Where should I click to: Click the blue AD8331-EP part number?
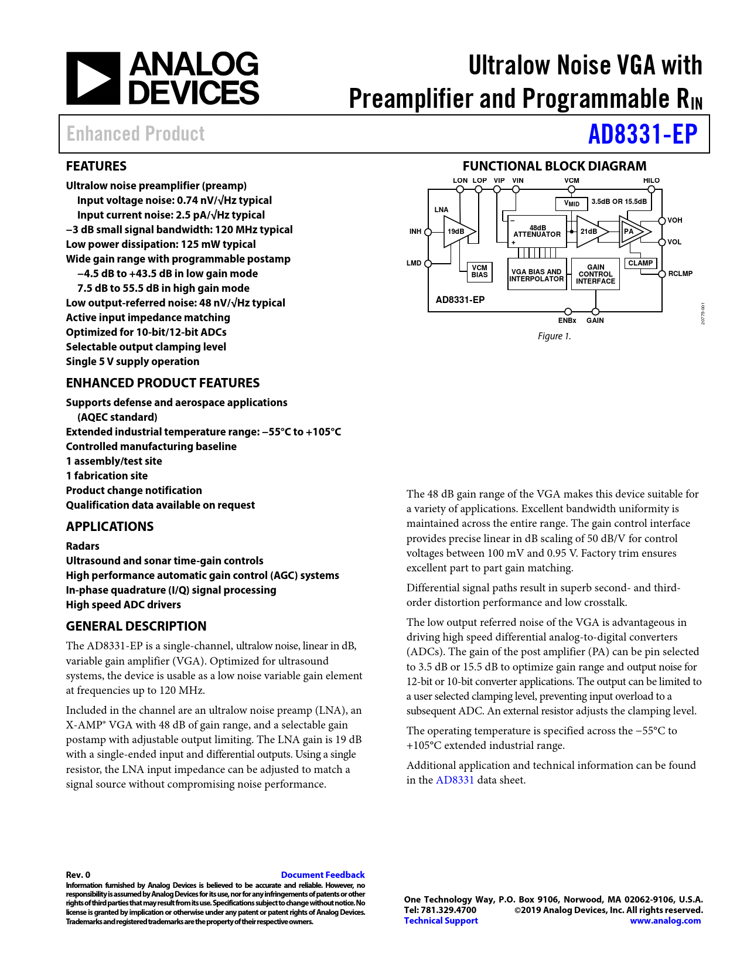(x=643, y=134)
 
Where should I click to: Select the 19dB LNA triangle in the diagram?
(x=458, y=231)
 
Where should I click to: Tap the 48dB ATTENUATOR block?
(x=537, y=231)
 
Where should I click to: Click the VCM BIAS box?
(x=479, y=271)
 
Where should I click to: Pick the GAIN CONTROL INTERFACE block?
(x=595, y=274)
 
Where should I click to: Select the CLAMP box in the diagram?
(x=640, y=263)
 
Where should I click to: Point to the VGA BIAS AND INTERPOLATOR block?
(x=537, y=275)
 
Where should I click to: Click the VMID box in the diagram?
(x=572, y=203)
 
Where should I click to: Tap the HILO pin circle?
(x=651, y=189)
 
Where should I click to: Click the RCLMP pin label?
(x=680, y=274)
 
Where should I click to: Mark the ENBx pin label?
(x=567, y=321)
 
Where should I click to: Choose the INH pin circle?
(x=428, y=231)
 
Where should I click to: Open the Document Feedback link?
(x=323, y=874)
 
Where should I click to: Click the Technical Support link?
(x=441, y=920)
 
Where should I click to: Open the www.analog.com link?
(x=665, y=920)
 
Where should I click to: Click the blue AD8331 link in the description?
(x=455, y=780)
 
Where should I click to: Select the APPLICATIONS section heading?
(x=110, y=526)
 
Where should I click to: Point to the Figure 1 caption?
(x=554, y=336)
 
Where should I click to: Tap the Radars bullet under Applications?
(x=83, y=546)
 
